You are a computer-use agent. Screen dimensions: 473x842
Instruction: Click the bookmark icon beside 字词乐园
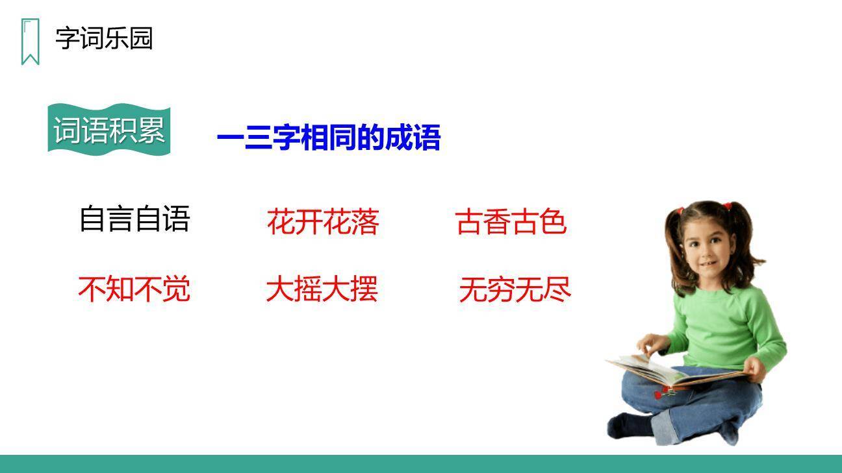pyautogui.click(x=30, y=42)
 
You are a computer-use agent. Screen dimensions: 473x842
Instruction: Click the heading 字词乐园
pyautogui.click(x=104, y=38)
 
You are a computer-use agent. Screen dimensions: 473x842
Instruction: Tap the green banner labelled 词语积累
pyautogui.click(x=109, y=130)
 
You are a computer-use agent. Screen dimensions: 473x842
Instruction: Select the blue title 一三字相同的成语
pyautogui.click(x=329, y=138)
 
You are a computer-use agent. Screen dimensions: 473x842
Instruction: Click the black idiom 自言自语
pyautogui.click(x=134, y=219)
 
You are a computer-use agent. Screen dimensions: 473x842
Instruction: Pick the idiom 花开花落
pyautogui.click(x=323, y=222)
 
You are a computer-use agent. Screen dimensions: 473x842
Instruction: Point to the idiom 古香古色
pyautogui.click(x=511, y=222)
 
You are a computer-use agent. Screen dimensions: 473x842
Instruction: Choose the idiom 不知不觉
pyautogui.click(x=134, y=289)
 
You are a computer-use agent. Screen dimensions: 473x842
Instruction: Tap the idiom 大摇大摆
pyautogui.click(x=322, y=289)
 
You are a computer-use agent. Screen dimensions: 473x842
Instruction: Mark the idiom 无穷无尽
pyautogui.click(x=515, y=289)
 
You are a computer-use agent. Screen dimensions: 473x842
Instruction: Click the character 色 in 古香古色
pyautogui.click(x=553, y=222)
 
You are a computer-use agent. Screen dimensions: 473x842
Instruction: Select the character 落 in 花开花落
pyautogui.click(x=365, y=222)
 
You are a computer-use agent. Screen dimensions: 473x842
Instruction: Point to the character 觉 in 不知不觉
pyautogui.click(x=177, y=289)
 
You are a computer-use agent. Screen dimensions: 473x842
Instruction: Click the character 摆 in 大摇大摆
pyautogui.click(x=364, y=289)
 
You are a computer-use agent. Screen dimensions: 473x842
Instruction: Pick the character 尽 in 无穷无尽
pyautogui.click(x=557, y=289)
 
